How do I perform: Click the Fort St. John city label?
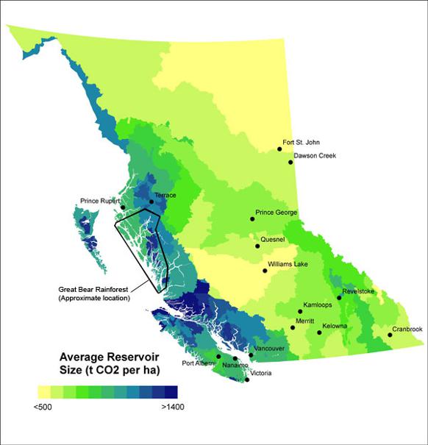(x=302, y=143)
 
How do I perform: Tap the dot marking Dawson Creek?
(x=290, y=162)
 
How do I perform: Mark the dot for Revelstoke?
(x=339, y=298)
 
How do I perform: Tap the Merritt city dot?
(x=293, y=328)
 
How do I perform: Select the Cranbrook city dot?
(x=390, y=335)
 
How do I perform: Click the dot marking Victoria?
(x=247, y=380)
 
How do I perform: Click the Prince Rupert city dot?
(x=123, y=208)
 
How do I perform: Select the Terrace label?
(x=166, y=196)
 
